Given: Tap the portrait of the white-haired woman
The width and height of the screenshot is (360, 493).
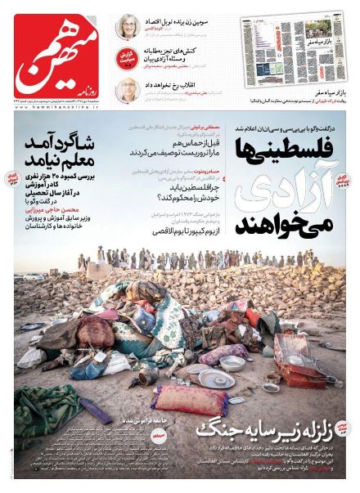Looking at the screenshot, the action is [126, 25].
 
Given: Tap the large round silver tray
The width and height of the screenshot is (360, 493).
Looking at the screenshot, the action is [214, 378].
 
